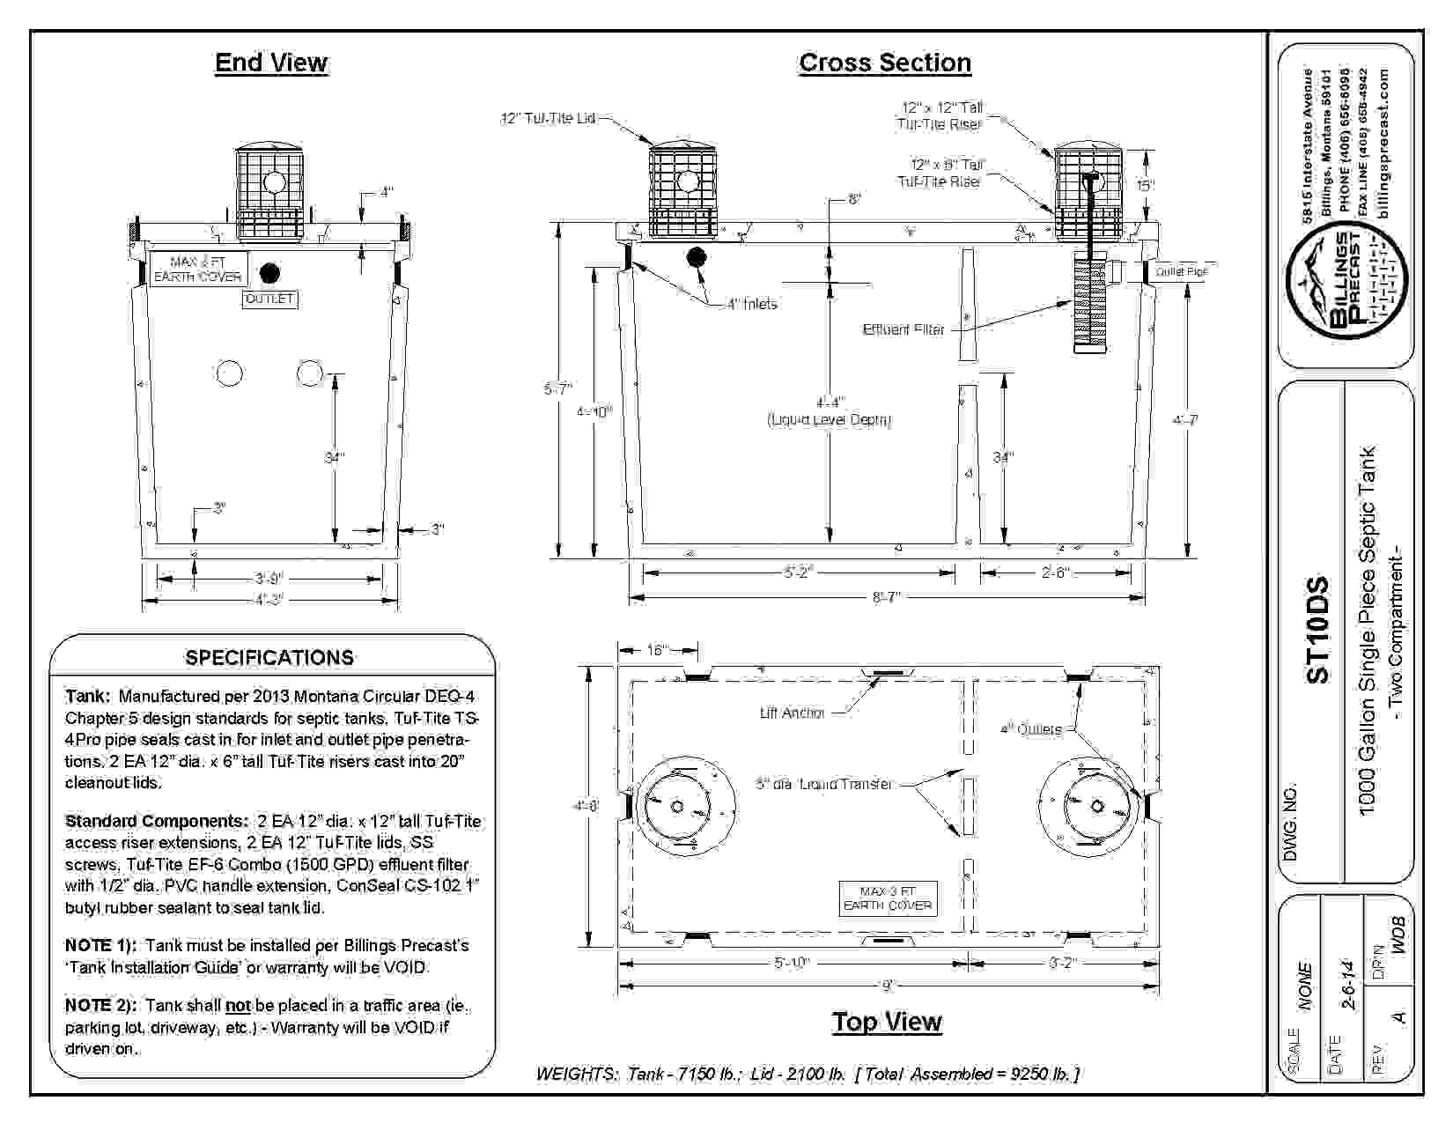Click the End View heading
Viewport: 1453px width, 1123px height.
[271, 63]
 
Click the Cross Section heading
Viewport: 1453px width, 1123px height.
[884, 63]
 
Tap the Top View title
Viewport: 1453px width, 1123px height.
[887, 1021]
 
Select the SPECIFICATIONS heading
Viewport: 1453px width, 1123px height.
[269, 658]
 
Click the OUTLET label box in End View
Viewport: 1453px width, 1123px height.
[269, 299]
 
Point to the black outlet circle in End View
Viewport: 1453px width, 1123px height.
[270, 272]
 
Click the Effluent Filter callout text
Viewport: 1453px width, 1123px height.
[904, 329]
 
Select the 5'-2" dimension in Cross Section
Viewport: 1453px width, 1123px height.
[799, 573]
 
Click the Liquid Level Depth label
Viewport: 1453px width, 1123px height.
[830, 420]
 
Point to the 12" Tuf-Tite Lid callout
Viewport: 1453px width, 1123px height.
[548, 118]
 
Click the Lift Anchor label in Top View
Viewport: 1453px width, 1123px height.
[792, 713]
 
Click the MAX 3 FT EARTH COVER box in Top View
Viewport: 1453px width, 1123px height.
[887, 898]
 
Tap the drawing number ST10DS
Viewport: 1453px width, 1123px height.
[1317, 630]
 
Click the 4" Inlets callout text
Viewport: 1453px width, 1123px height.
[751, 305]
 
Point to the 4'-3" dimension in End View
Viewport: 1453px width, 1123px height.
[269, 600]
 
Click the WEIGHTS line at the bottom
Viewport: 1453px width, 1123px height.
[808, 1074]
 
